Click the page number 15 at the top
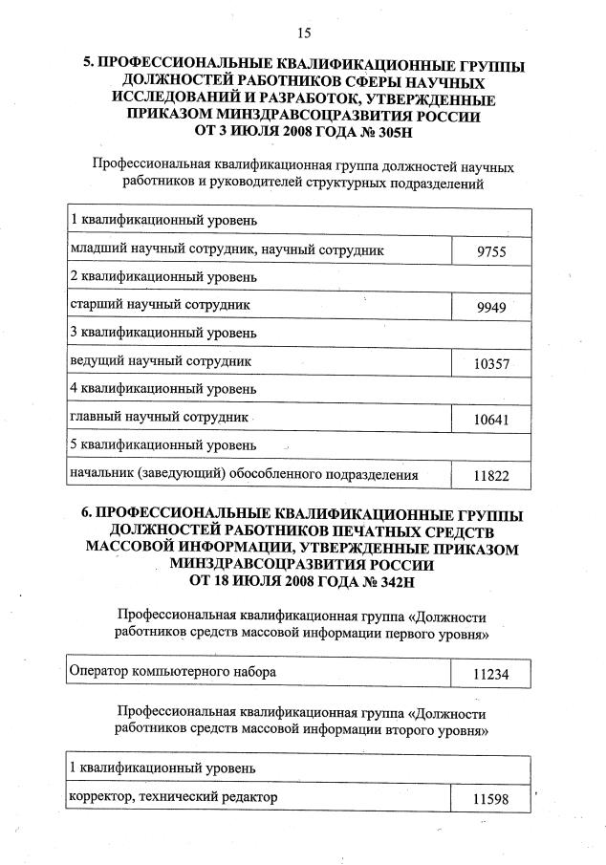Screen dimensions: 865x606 (304, 34)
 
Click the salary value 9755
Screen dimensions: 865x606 (489, 253)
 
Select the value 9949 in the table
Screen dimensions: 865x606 (490, 308)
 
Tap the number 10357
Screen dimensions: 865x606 (491, 364)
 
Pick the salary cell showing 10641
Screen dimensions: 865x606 (491, 420)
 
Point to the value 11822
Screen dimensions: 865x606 (491, 476)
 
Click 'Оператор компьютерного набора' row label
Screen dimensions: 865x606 (173, 671)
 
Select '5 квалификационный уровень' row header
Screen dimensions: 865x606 (163, 445)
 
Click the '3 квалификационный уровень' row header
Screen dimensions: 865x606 (163, 334)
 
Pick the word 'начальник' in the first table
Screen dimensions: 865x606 (102, 474)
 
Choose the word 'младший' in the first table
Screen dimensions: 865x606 (98, 250)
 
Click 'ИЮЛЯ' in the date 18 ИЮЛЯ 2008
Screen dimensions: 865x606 (253, 580)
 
